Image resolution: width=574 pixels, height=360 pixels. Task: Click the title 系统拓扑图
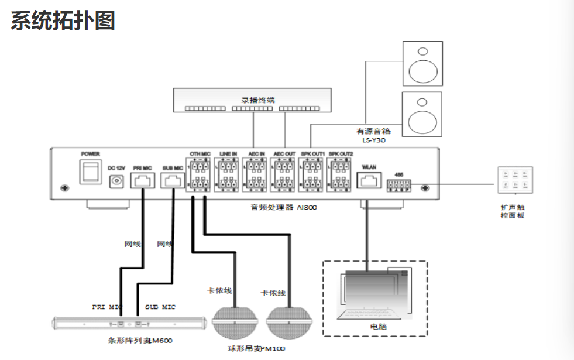coord(63,20)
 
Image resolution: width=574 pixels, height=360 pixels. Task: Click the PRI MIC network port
coord(142,180)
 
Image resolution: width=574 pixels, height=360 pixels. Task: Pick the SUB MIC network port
coord(173,180)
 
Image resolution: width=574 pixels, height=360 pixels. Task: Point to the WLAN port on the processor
coord(369,180)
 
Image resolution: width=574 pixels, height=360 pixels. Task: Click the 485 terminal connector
coord(398,186)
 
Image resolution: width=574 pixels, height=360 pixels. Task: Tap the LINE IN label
coord(228,153)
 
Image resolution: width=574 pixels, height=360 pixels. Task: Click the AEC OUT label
coord(284,153)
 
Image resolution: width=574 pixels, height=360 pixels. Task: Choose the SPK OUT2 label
coord(341,153)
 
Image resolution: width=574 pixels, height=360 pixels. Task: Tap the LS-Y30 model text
coord(374,140)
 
